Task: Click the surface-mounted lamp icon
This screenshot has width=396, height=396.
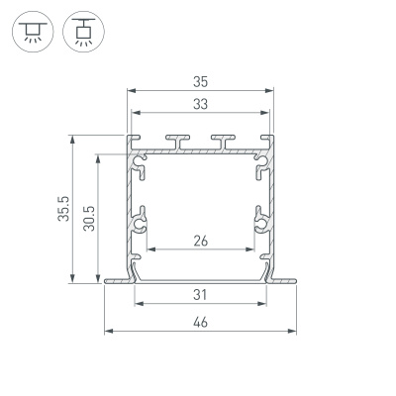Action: tap(33, 31)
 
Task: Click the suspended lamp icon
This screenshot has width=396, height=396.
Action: tap(79, 31)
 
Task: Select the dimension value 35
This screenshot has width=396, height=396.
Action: tap(200, 82)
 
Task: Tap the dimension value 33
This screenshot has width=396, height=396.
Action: tap(200, 104)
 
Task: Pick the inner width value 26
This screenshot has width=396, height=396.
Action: tap(200, 241)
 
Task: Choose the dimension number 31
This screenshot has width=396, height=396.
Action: tap(200, 293)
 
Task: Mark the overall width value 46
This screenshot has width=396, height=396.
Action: tap(200, 322)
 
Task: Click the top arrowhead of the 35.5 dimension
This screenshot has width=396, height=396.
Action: tap(72, 139)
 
